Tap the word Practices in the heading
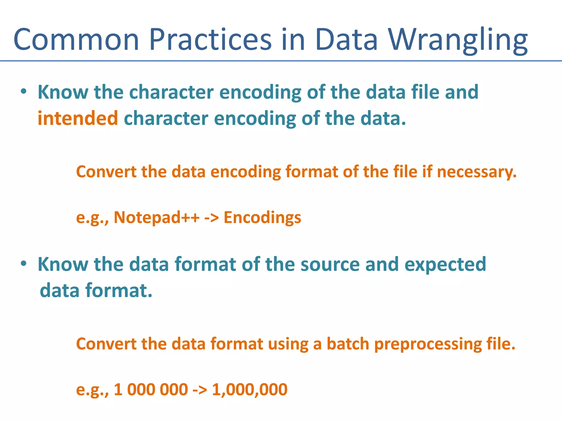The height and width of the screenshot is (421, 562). tap(210, 40)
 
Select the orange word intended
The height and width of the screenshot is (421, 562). tap(78, 118)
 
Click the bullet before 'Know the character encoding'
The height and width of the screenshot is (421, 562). tap(24, 92)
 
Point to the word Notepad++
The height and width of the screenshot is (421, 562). tap(156, 217)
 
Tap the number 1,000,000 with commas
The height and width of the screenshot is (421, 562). tap(249, 389)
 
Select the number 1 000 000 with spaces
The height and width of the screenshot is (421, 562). tap(151, 389)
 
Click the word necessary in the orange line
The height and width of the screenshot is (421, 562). tap(476, 172)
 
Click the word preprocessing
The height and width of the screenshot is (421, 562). tap(428, 344)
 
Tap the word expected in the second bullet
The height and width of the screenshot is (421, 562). tap(445, 265)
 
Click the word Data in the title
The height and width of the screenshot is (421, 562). tap(346, 40)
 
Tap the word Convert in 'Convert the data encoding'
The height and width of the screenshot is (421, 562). tap(106, 172)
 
